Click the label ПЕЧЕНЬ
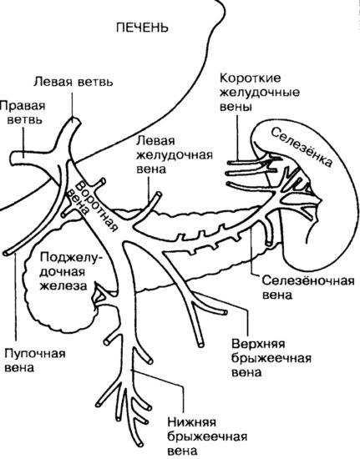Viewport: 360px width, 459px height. (142, 28)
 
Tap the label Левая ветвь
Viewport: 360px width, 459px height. (73, 82)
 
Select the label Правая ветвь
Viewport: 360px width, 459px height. (23, 113)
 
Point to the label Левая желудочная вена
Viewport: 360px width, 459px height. (175, 154)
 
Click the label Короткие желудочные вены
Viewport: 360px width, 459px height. (260, 93)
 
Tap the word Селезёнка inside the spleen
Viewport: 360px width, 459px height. (302, 147)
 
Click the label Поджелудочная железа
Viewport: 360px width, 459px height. (68, 271)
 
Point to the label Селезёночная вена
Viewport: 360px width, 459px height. (308, 287)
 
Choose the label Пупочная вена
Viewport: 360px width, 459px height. (35, 360)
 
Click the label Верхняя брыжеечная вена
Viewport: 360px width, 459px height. (271, 358)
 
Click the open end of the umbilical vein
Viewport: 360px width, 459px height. (7, 252)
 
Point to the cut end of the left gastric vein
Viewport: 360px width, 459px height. (159, 195)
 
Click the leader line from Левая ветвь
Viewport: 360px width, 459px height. (72, 104)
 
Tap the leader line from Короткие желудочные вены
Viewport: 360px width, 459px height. (237, 138)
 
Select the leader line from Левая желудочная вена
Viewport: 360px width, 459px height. (149, 190)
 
